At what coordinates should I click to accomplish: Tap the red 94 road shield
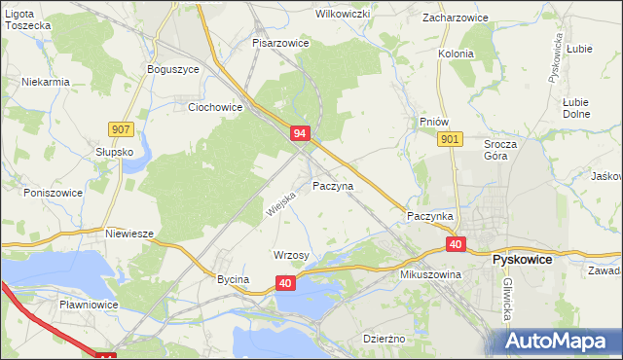click(x=300, y=133)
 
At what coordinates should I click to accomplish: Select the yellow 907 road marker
click(x=122, y=128)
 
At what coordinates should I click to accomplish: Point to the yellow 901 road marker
click(x=449, y=140)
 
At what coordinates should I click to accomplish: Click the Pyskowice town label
click(x=523, y=261)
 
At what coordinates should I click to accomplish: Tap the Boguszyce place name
click(x=172, y=69)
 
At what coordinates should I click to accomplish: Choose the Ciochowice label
click(x=214, y=107)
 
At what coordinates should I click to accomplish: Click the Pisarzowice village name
click(x=280, y=43)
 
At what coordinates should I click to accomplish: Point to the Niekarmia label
click(x=46, y=82)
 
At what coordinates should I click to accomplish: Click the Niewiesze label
click(x=130, y=234)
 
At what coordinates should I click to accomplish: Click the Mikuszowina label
click(x=429, y=274)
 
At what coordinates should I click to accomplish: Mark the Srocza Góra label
click(x=502, y=150)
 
